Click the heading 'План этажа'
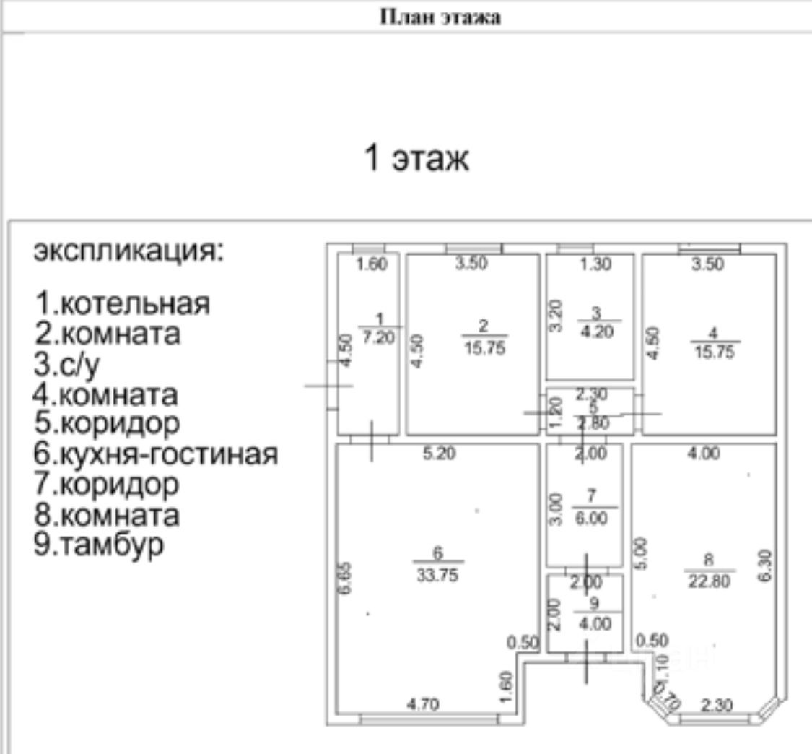click(440, 18)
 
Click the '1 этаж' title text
click(417, 159)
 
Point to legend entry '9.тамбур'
click(98, 544)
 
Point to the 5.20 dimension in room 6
click(440, 454)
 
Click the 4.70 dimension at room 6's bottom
click(424, 703)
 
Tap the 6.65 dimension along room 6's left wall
click(346, 577)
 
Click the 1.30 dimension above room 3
click(595, 264)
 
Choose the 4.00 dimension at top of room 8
click(704, 454)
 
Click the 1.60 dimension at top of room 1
click(373, 264)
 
